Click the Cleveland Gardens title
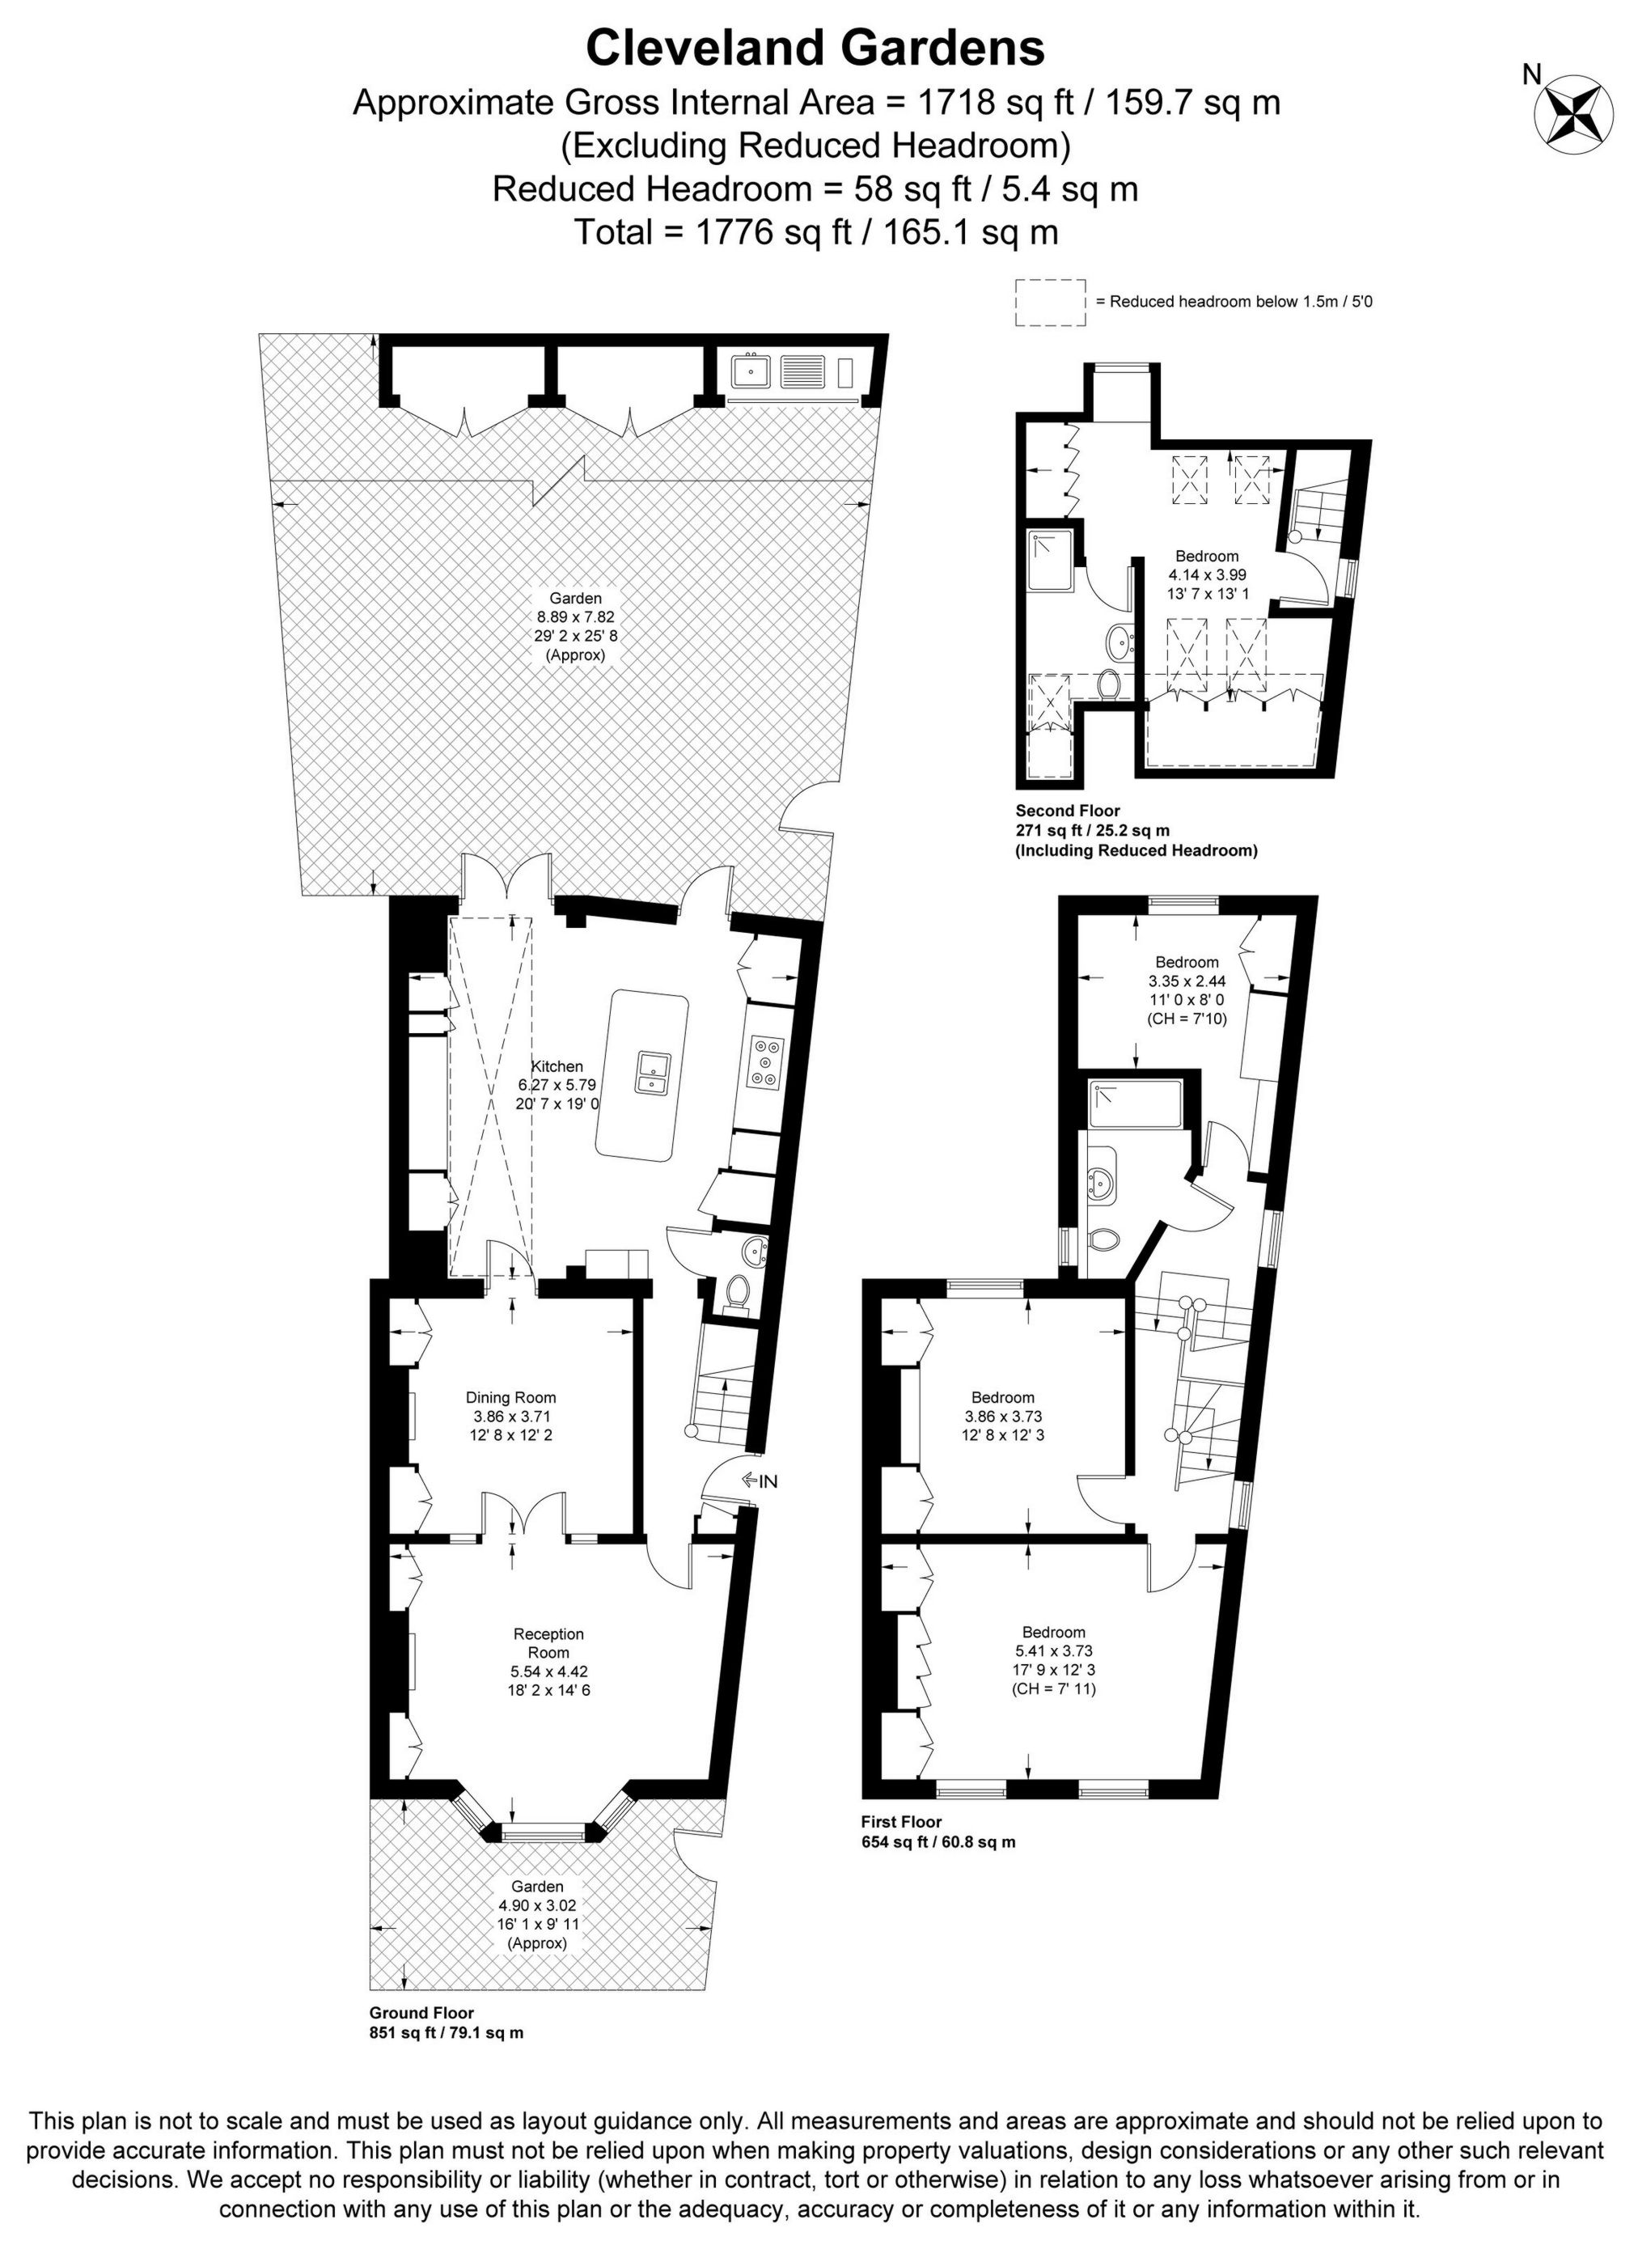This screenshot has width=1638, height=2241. [x=816, y=48]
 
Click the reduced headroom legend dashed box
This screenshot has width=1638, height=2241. [x=1050, y=302]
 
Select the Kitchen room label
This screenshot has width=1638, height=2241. [x=557, y=1066]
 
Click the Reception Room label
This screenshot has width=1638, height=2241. [x=548, y=1643]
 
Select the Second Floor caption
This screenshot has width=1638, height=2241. [x=1068, y=811]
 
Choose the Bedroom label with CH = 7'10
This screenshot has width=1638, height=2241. [x=1187, y=962]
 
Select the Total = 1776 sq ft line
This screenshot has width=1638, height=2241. [x=816, y=232]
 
